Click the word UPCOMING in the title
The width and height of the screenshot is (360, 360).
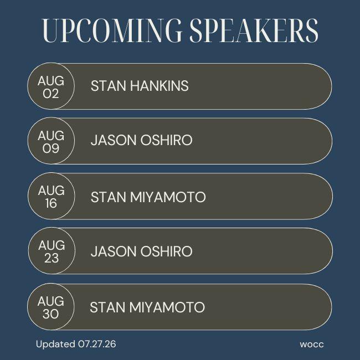[x=112, y=31]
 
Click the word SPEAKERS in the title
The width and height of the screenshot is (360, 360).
[x=254, y=31]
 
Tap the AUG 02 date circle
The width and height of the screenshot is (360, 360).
[x=51, y=86]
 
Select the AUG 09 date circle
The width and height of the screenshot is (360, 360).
[x=51, y=141]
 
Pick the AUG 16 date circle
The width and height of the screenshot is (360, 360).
[x=52, y=196]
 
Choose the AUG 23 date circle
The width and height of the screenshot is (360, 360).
[x=52, y=250]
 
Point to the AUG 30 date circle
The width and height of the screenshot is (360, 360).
[x=51, y=306]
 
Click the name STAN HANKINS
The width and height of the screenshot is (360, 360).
[x=140, y=86]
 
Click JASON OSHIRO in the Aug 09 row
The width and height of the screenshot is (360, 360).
[x=141, y=140]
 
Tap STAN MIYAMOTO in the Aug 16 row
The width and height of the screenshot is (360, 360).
[x=148, y=197]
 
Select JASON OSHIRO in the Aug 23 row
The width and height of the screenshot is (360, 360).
[x=141, y=251]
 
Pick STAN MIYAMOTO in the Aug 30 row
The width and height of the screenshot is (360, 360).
[x=147, y=307]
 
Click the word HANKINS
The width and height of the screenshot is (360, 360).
[x=160, y=86]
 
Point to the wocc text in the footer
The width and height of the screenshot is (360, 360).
[x=312, y=344]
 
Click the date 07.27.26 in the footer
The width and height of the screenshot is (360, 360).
[x=97, y=344]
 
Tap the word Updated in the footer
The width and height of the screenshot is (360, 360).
[x=55, y=344]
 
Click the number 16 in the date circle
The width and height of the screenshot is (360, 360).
[x=51, y=203]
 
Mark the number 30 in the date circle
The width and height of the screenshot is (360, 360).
[x=51, y=314]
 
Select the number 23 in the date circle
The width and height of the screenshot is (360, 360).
[x=52, y=258]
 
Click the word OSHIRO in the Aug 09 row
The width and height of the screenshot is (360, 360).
[x=166, y=140]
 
